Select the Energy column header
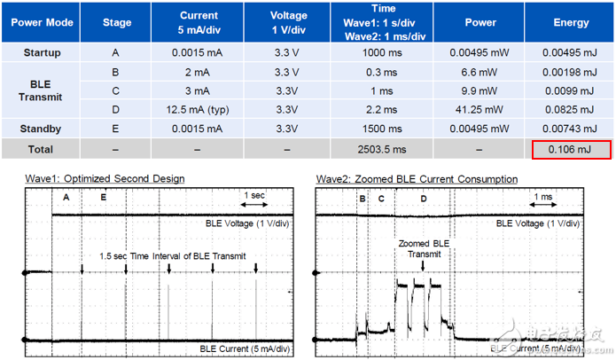(571, 22)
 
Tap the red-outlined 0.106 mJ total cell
(571, 150)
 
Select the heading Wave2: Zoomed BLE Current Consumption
(417, 178)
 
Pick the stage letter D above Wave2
(424, 198)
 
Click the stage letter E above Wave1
(103, 198)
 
